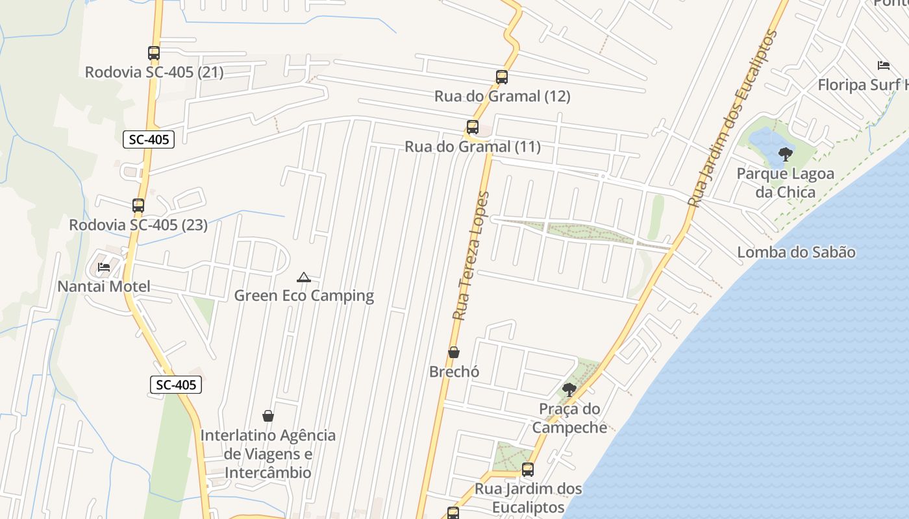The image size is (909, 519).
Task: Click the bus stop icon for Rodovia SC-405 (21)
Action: click(154, 53)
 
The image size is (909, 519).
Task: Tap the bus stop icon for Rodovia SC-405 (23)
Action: click(138, 206)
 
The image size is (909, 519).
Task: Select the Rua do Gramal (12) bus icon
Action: click(502, 77)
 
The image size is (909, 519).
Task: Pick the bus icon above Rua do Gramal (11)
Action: click(473, 127)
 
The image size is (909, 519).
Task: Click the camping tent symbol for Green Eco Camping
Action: click(303, 278)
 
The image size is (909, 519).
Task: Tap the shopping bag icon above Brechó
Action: click(454, 352)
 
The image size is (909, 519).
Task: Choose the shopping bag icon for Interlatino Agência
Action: click(268, 415)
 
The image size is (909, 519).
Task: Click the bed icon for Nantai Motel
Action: click(103, 267)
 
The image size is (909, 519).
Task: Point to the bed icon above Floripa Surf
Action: click(883, 65)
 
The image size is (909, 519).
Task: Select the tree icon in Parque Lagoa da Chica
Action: click(785, 154)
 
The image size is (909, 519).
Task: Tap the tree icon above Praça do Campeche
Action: click(569, 390)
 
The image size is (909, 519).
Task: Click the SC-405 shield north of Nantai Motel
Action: click(149, 139)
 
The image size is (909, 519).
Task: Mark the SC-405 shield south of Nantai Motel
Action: click(176, 385)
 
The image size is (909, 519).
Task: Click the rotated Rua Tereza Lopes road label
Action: click(471, 256)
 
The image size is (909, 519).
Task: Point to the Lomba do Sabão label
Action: click(796, 252)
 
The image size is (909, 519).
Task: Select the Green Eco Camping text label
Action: click(304, 296)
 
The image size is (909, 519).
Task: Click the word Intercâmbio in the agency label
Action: click(268, 472)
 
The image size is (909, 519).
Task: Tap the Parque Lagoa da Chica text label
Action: click(785, 183)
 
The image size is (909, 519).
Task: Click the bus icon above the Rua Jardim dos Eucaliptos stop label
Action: click(528, 469)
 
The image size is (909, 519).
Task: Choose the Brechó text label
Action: click(454, 372)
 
